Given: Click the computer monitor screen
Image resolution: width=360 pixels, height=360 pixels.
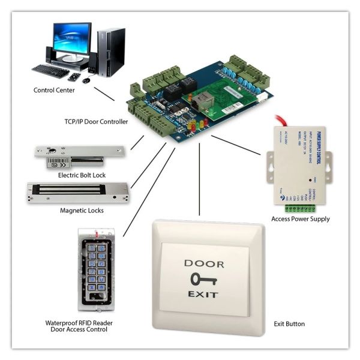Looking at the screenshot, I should (71, 37).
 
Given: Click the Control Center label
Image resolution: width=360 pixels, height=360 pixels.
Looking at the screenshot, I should (54, 90).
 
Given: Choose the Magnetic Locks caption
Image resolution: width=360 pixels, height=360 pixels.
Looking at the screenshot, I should (82, 211).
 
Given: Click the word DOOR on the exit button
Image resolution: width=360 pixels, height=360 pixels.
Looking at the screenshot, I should (204, 263).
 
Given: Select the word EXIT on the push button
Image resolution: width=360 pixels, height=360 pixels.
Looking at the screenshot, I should (204, 295).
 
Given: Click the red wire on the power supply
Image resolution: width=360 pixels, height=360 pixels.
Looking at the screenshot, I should (283, 120).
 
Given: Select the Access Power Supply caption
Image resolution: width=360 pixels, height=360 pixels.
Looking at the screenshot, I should (300, 219).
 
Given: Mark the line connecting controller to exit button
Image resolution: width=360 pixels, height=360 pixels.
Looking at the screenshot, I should (199, 180).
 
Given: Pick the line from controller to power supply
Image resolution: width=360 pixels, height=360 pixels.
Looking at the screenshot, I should (237, 147).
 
